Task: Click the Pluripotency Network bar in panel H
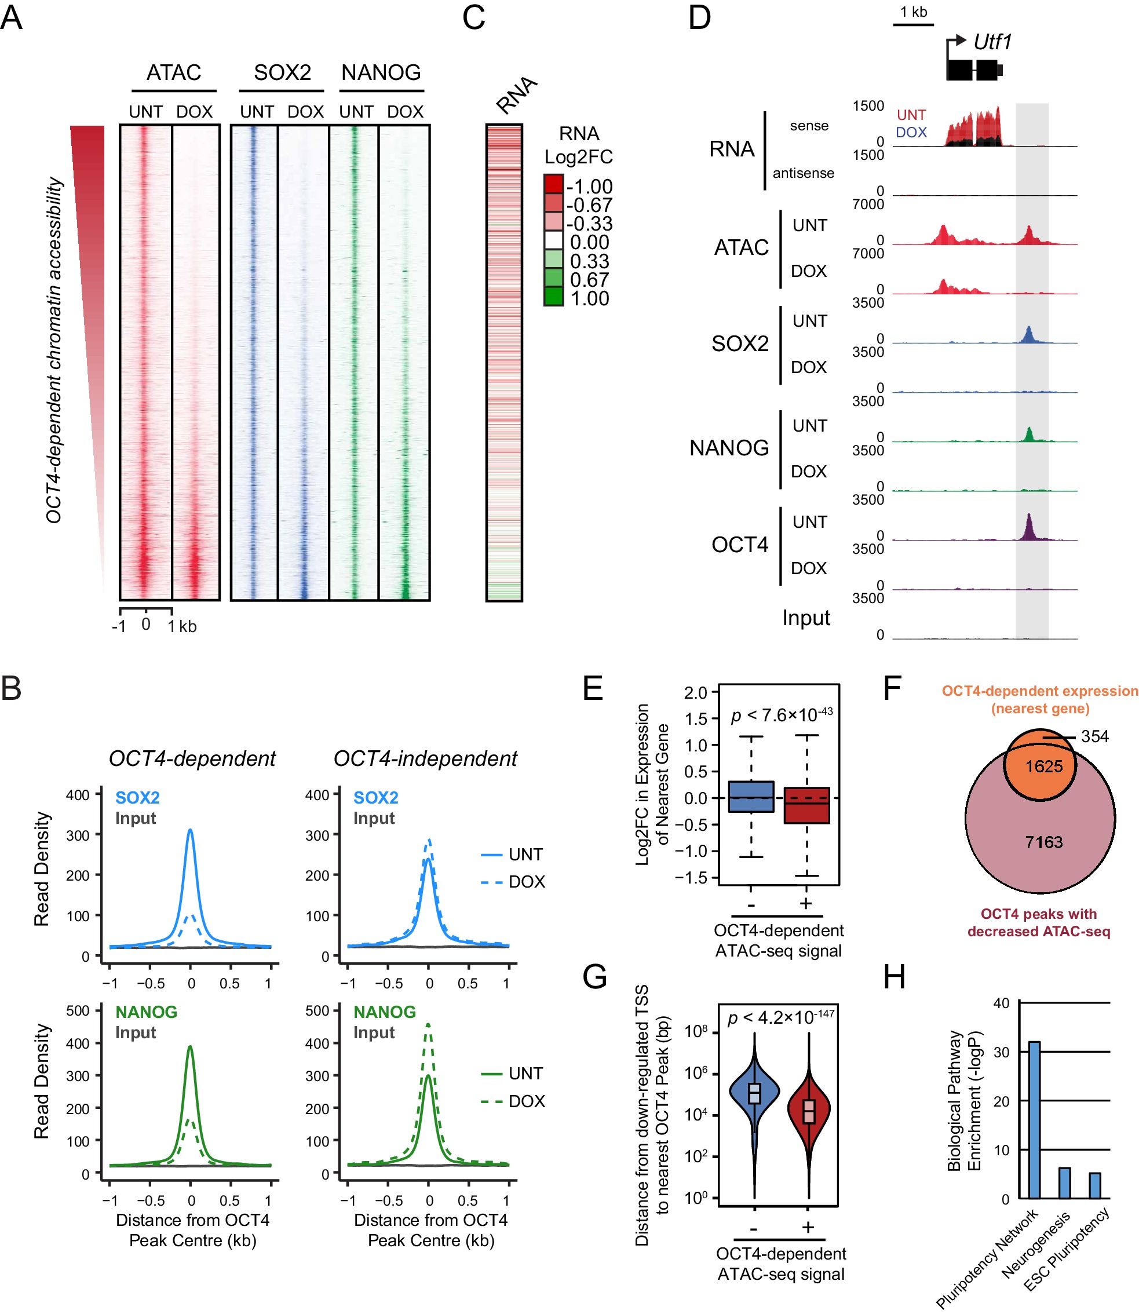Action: tap(1034, 1119)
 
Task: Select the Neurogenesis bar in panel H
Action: tap(1065, 1182)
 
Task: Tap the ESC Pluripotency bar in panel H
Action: tap(1095, 1185)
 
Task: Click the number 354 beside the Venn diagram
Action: tap(1094, 736)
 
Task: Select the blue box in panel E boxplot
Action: tap(751, 797)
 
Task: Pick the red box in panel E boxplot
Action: tap(806, 805)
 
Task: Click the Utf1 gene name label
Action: tap(992, 42)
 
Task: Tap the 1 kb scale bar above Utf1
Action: tap(914, 24)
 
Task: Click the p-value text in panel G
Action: tap(781, 1018)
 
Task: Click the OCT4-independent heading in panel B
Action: tap(425, 758)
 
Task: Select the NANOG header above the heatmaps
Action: tap(381, 72)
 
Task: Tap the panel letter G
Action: tap(594, 977)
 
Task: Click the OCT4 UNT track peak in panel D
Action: tap(1029, 527)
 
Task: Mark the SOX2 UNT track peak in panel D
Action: tap(1028, 334)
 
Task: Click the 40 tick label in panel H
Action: tap(1001, 1003)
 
